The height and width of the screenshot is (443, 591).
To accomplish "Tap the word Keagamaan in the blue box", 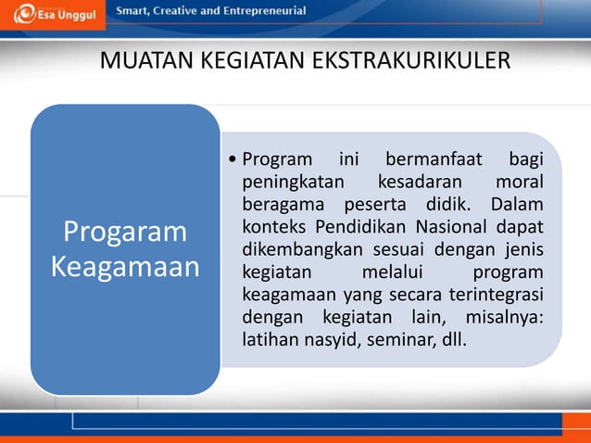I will coord(125,267).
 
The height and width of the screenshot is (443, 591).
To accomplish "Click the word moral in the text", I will coord(519,180).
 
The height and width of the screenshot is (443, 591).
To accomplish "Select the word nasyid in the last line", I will coord(323,342).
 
